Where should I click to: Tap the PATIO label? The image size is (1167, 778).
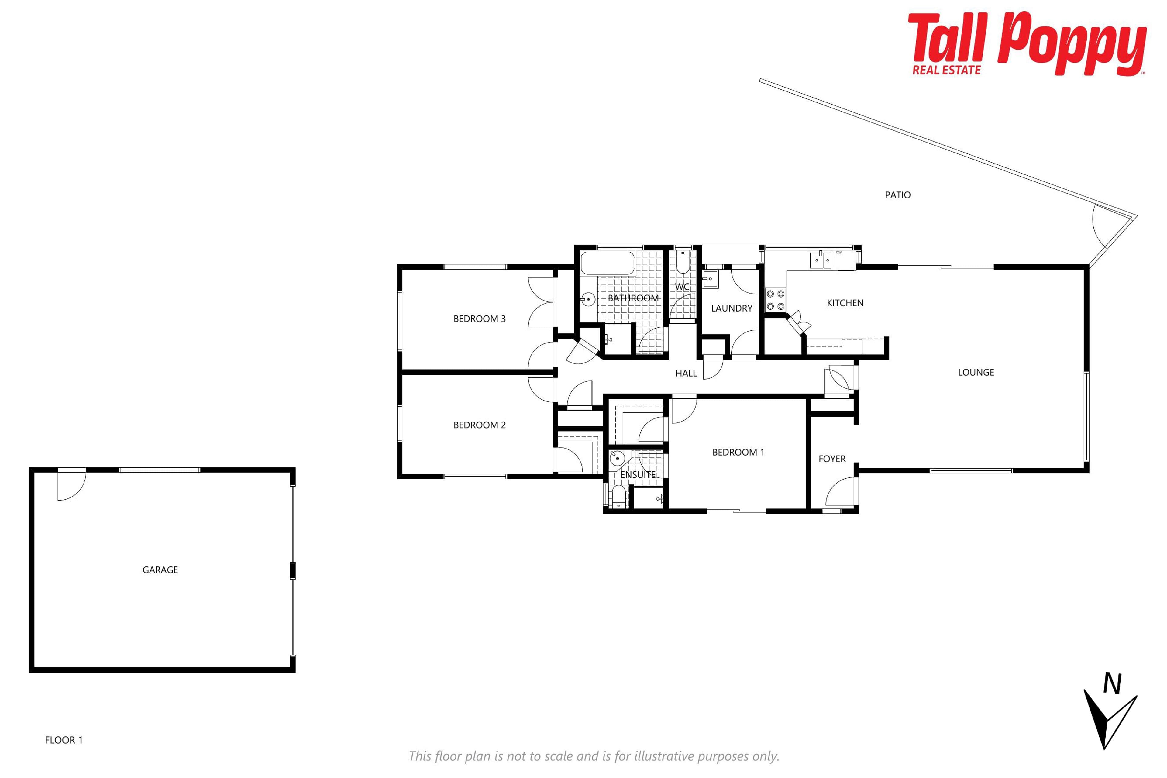tap(897, 195)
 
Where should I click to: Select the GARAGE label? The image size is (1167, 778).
tap(160, 570)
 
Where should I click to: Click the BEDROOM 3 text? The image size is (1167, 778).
tap(479, 319)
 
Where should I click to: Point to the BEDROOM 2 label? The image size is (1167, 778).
tap(479, 425)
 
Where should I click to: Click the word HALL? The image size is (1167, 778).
tap(686, 373)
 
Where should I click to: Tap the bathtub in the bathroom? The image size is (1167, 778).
tap(608, 264)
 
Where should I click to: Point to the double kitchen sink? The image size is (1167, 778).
tap(821, 260)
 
